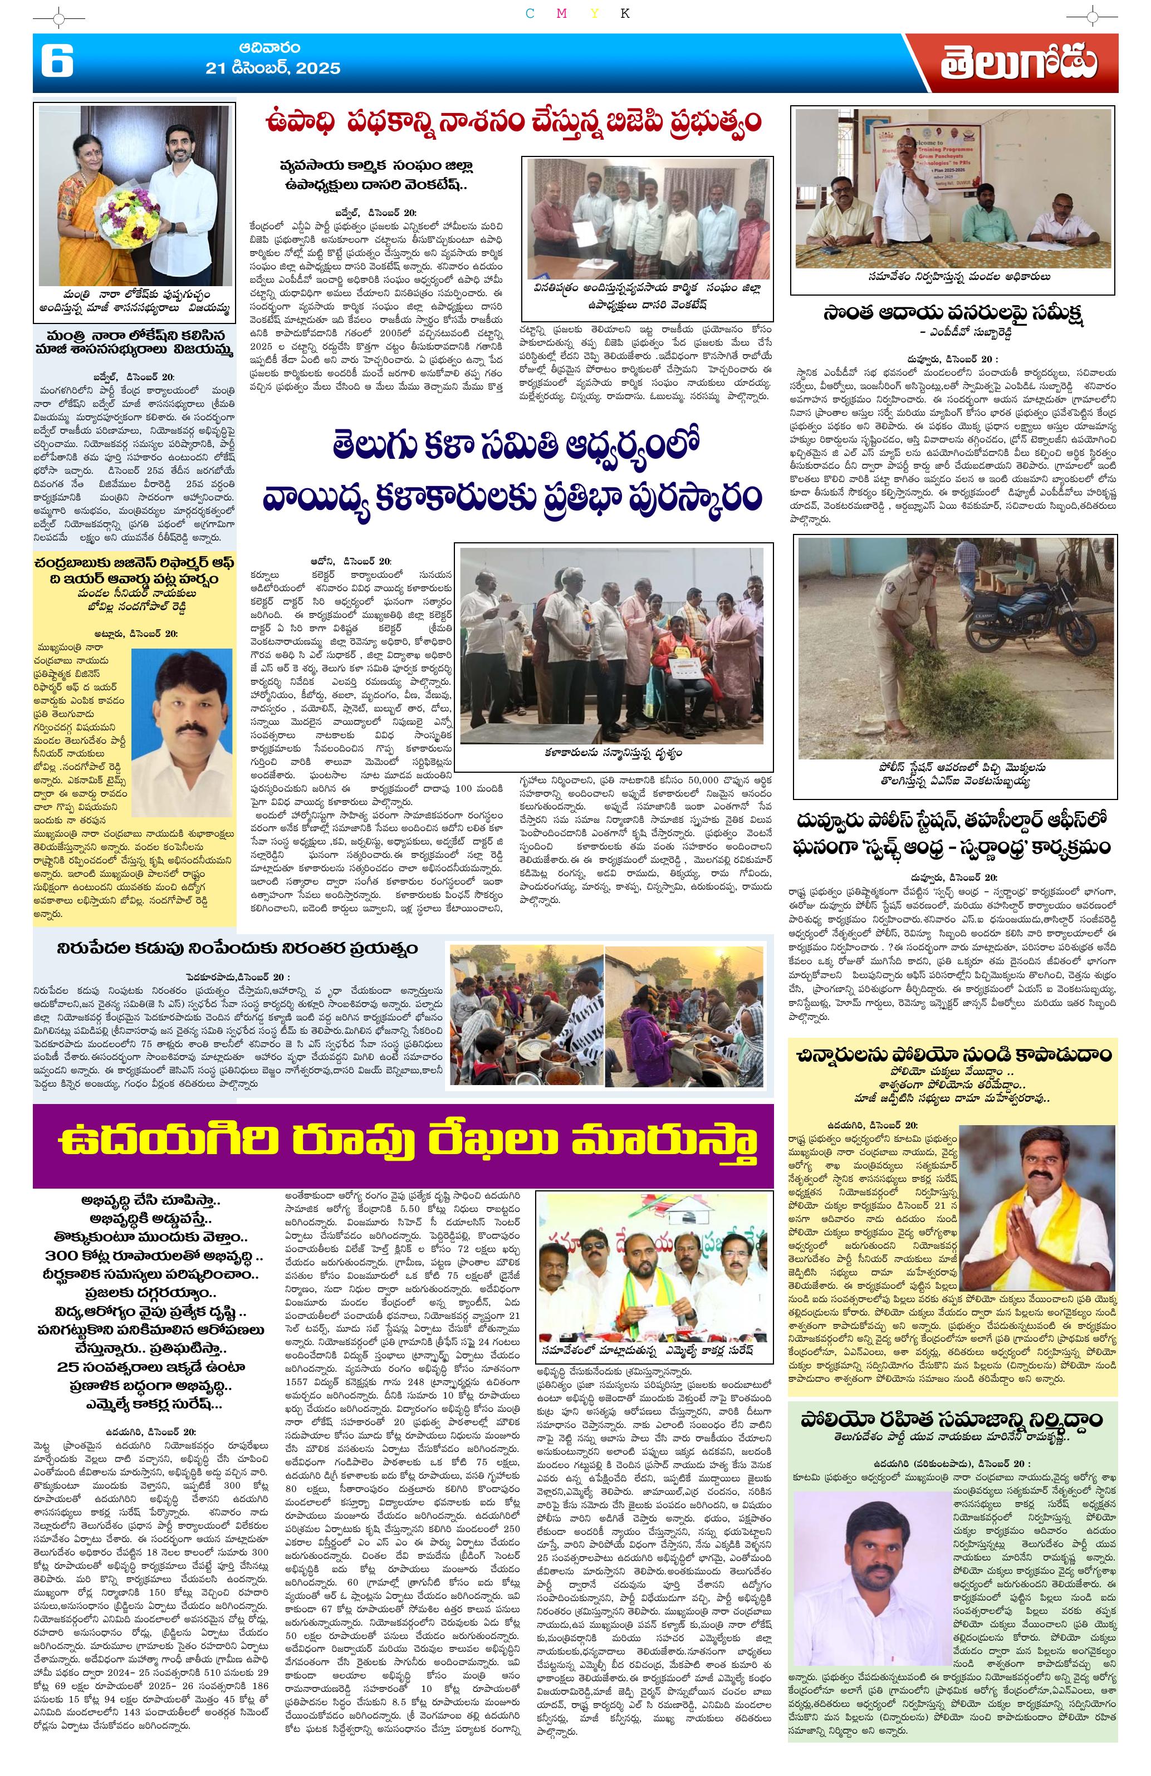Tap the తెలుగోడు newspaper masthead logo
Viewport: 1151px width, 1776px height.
[1018, 63]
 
